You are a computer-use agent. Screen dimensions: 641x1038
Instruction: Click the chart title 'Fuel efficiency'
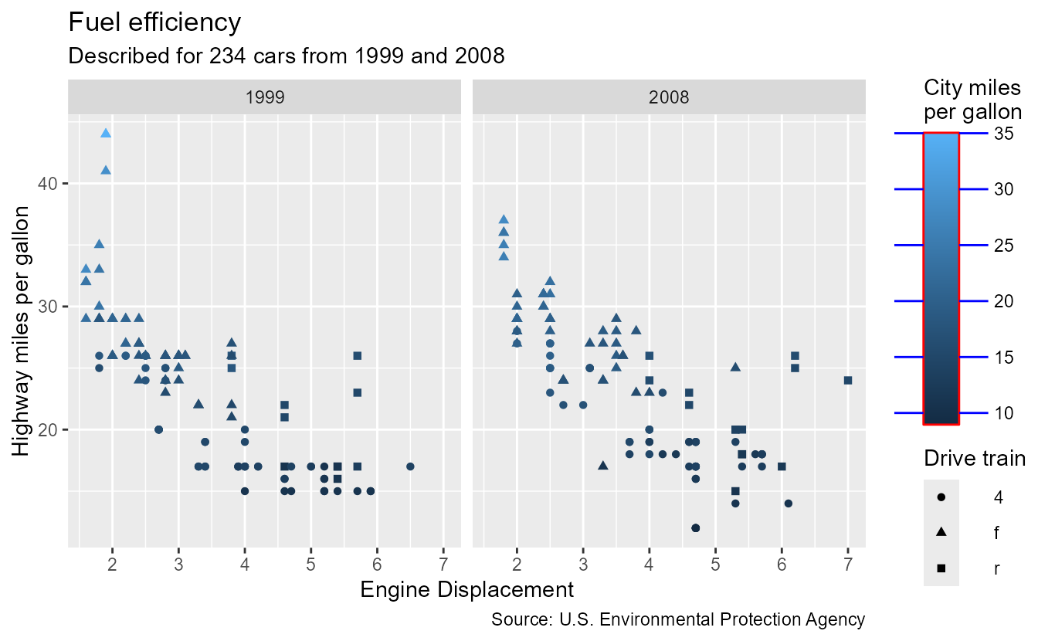coord(154,22)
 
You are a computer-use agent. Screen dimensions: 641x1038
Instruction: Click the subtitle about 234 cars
coord(286,56)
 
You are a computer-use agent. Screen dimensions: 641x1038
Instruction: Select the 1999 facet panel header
coord(264,97)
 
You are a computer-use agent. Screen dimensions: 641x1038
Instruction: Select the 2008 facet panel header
coord(669,97)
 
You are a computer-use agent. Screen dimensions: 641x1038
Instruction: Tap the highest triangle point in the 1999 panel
coord(106,133)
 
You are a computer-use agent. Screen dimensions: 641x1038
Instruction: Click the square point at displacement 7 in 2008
coord(848,380)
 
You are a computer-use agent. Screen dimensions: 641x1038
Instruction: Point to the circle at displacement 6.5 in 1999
coord(410,466)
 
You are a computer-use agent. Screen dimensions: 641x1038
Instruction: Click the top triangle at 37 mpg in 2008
coord(504,219)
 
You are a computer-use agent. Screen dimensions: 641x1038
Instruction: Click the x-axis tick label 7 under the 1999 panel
coord(443,563)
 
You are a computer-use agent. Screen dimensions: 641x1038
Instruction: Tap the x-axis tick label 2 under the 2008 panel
coord(517,563)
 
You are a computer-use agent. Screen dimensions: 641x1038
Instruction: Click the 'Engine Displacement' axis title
coord(466,590)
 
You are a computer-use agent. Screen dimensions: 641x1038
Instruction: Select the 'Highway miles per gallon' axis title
coord(23,331)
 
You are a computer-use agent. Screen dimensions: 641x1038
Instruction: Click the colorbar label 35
coord(1003,133)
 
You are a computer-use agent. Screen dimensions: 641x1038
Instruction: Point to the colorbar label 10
coord(1003,413)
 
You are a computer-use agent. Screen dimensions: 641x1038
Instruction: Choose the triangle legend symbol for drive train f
coord(942,533)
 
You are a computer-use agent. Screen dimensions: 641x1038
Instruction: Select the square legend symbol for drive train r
coord(942,568)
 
